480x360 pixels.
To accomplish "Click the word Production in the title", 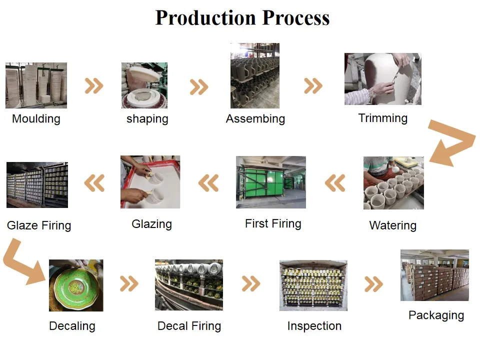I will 206,18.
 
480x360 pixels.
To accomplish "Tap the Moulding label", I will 36,119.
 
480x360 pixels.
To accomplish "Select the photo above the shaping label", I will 144,85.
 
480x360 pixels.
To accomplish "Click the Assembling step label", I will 255,119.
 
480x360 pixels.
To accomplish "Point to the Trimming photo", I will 382,79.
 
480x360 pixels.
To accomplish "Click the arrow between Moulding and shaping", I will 94,86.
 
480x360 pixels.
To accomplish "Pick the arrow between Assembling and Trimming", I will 313,86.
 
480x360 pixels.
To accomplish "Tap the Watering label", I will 392,225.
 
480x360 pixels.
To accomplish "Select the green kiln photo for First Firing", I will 270,182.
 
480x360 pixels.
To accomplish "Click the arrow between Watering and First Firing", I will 335,183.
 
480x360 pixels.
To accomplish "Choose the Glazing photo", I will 150,182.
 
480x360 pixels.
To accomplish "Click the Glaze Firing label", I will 39,225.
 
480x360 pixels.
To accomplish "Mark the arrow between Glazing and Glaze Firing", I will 94,183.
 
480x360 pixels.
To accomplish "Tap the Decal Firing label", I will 189,326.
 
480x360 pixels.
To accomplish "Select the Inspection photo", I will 313,285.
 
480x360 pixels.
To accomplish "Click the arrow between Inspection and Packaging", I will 373,284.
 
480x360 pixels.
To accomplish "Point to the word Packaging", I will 436,315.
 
